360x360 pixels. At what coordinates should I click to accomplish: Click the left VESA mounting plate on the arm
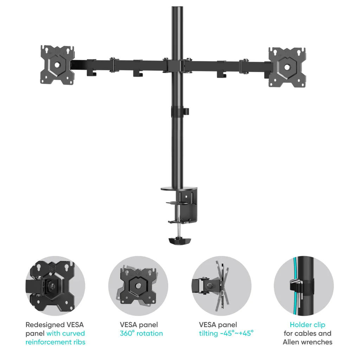[x=57, y=65]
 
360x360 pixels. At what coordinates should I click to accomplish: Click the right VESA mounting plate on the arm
[x=287, y=67]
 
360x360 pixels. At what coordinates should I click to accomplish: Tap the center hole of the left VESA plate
[x=57, y=65]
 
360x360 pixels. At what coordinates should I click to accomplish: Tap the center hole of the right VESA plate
[x=287, y=67]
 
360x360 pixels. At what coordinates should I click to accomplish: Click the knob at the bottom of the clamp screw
[x=180, y=241]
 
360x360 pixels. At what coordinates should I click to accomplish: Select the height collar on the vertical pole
[x=180, y=111]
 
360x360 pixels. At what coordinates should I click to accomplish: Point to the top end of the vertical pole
[x=177, y=7]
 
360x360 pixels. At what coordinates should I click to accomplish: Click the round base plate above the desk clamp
[x=179, y=189]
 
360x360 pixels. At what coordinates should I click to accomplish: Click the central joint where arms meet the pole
[x=177, y=66]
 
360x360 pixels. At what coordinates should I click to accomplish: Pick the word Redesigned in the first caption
[x=45, y=325]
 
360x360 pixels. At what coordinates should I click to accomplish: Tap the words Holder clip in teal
[x=307, y=324]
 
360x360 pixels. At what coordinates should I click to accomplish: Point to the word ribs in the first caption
[x=79, y=342]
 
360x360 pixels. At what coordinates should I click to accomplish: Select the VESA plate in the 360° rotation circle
[x=138, y=286]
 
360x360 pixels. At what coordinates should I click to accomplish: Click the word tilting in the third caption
[x=208, y=334]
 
